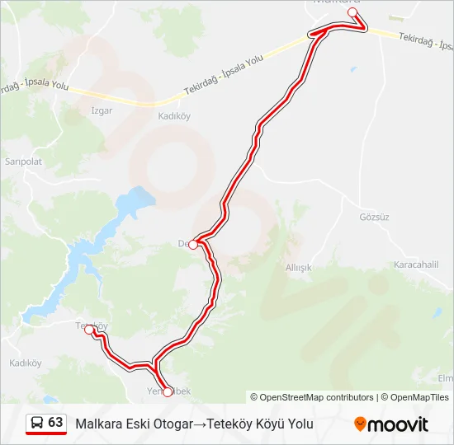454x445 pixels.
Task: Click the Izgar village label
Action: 102,110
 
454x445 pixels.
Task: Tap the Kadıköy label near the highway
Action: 173,116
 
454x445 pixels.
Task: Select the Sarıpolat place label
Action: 23,162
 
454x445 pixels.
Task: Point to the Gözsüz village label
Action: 373,218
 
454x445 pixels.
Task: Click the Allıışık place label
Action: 298,268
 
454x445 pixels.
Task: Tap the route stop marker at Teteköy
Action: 89,330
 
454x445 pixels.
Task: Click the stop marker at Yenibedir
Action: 168,392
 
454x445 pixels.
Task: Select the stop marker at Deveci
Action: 193,245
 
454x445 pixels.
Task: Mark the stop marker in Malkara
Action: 352,12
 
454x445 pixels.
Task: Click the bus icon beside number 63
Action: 37,423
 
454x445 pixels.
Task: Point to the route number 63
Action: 55,423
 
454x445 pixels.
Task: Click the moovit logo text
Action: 398,424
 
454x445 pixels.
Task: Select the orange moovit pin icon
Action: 360,424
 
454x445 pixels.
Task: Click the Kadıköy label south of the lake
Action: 25,363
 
